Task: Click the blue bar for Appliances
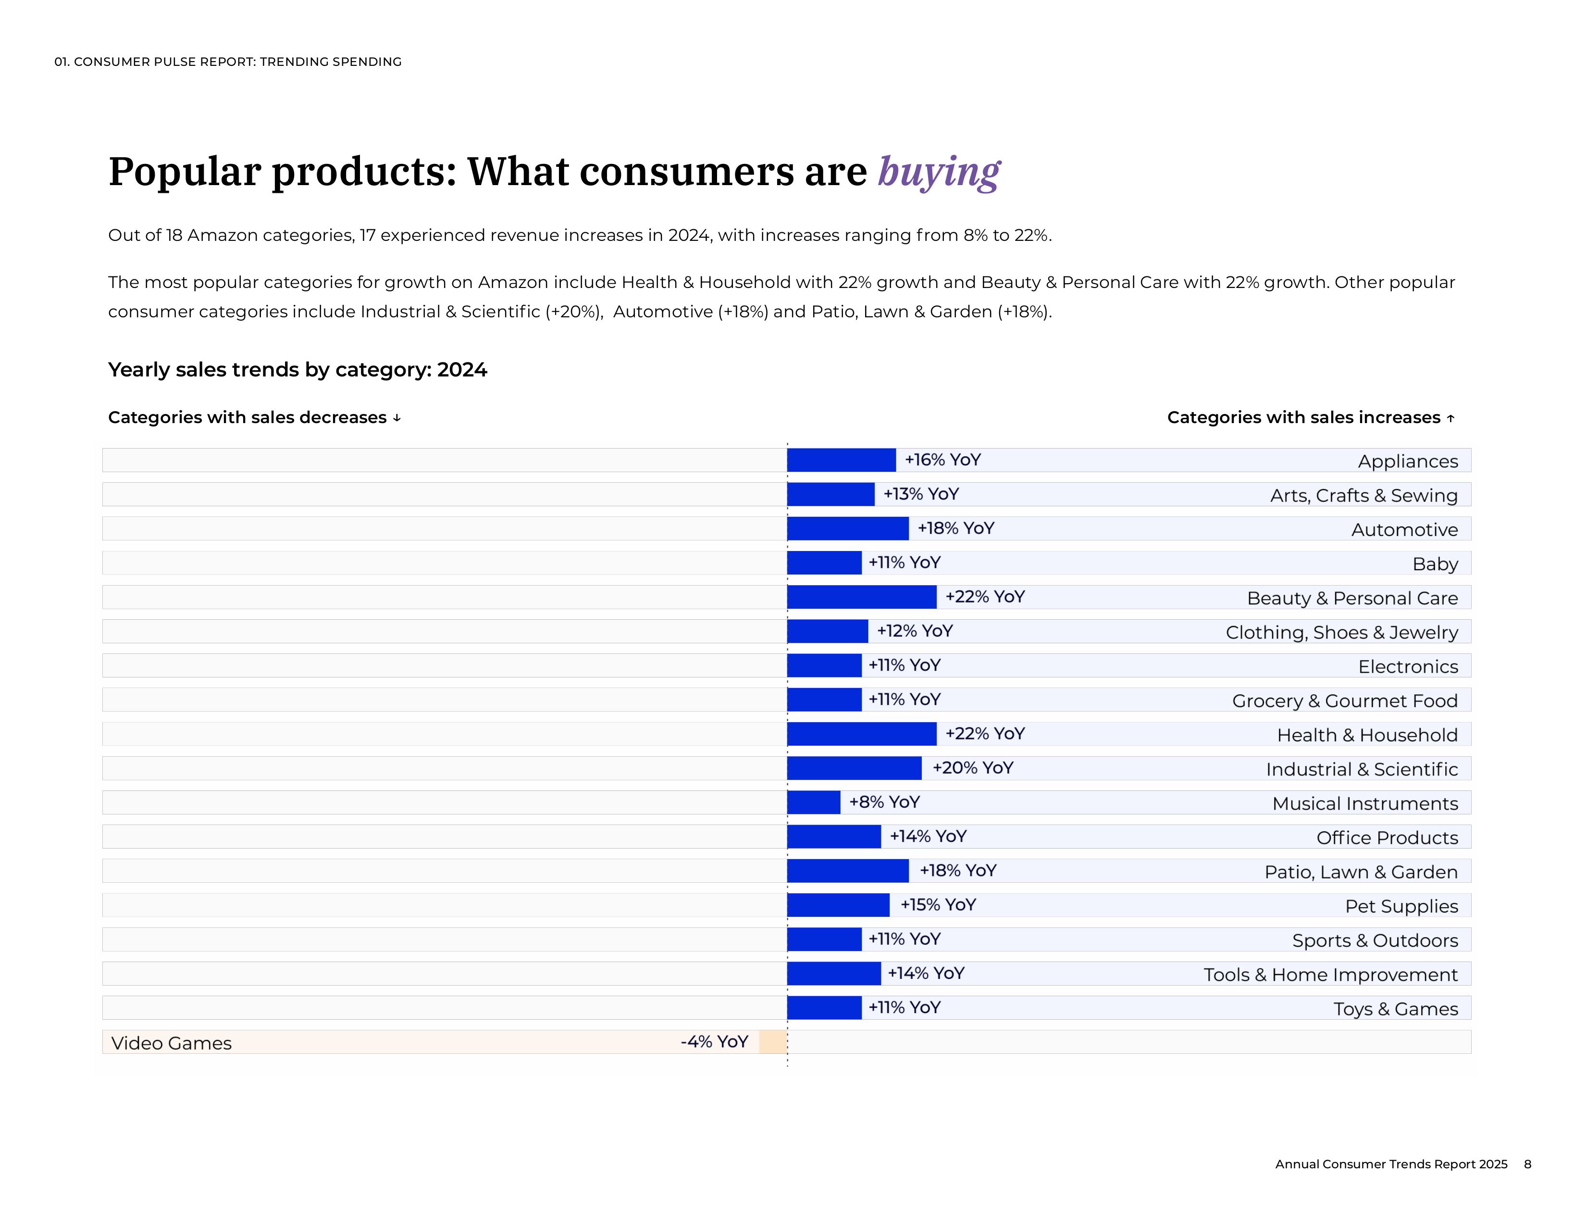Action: [x=841, y=461]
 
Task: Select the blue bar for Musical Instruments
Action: [x=813, y=802]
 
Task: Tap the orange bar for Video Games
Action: [x=773, y=1042]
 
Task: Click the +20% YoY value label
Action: [x=972, y=768]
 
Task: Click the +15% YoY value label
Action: [x=938, y=905]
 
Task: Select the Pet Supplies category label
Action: [x=1401, y=906]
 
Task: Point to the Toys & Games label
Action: [x=1395, y=1009]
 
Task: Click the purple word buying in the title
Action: [x=939, y=173]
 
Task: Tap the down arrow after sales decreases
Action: [x=396, y=418]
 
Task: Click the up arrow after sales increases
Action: [x=1450, y=418]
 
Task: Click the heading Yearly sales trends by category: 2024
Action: [x=298, y=370]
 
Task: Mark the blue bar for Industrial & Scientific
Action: [x=854, y=768]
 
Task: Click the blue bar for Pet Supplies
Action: [x=838, y=905]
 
